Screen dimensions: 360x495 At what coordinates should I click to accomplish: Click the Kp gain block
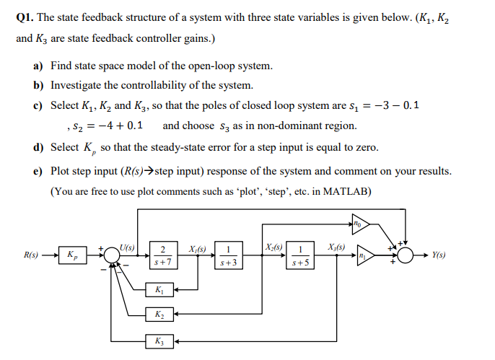point(71,255)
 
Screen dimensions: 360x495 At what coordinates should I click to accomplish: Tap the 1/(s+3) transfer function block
point(228,255)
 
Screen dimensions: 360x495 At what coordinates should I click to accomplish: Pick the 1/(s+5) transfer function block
point(300,255)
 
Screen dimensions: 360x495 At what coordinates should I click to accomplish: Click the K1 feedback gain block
point(159,291)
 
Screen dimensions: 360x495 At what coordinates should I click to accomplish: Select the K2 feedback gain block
point(159,315)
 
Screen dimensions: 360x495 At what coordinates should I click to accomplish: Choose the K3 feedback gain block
point(159,341)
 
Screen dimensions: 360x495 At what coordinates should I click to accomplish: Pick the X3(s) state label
point(336,247)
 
